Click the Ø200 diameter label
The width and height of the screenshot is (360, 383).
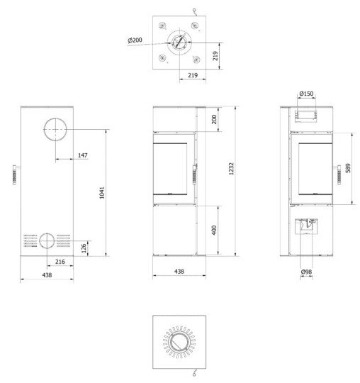(135, 40)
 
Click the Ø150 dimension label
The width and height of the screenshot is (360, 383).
(306, 94)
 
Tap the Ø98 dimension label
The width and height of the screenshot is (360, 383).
(306, 272)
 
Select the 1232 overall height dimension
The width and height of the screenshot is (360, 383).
(231, 169)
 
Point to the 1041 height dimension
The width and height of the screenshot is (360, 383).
(102, 193)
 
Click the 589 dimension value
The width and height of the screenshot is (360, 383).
(348, 168)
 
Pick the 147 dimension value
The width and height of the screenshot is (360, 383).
(83, 155)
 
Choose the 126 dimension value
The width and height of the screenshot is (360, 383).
(84, 248)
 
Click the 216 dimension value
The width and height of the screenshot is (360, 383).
(60, 262)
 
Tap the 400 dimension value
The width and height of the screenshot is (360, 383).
(214, 230)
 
